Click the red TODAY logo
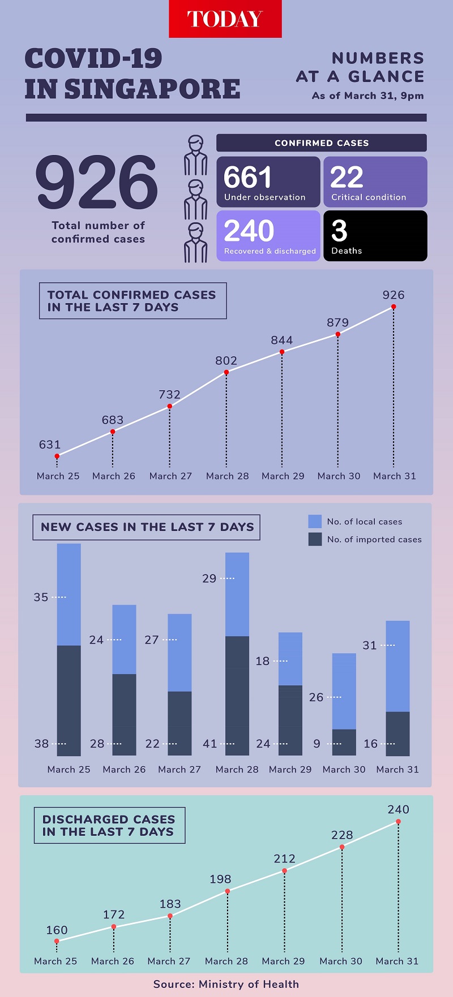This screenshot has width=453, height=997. pos(225,19)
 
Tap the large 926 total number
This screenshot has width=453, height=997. pos(97,182)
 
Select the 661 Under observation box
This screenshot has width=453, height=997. pos(268,182)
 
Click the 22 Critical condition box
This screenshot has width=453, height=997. pos(375,182)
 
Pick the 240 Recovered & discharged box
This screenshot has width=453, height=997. pos(268,236)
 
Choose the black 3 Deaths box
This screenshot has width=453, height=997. pos(375,236)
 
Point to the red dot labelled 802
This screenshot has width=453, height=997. pos(226,372)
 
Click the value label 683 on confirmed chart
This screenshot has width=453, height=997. pos(113,420)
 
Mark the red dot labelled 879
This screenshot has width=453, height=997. pos(338,334)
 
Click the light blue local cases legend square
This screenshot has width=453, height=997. pos(315,521)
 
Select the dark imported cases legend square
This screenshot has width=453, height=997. pos(315,539)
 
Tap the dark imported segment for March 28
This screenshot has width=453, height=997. pos(237,696)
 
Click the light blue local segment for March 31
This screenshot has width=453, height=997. pos(398,666)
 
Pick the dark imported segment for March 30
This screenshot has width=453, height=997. pos(344,742)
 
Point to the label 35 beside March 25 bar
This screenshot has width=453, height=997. pos(41,597)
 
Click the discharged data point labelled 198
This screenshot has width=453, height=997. pos(228,891)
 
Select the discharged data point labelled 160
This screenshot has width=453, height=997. pos(57,942)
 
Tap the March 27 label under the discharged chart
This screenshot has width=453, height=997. pos(169,961)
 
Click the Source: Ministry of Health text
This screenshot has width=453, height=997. pos(226,984)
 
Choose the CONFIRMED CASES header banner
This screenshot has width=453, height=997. pos(321,143)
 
